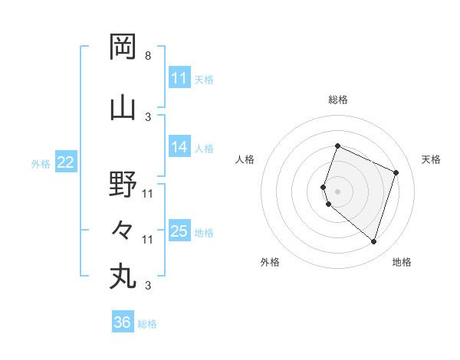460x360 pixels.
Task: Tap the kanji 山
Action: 123,106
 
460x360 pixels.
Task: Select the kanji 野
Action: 123,184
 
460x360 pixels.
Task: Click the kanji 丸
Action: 123,276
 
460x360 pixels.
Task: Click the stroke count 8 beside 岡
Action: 147,56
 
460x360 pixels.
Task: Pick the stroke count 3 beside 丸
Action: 147,286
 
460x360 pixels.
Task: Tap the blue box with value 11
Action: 179,78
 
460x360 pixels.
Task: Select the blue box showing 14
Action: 179,147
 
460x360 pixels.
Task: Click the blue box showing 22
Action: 66,162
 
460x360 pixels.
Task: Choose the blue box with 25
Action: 179,231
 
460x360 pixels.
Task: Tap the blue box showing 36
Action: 123,322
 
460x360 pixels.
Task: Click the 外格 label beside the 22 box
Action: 41,163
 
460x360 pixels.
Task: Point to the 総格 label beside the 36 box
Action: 147,324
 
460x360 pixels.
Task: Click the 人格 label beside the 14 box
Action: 205,149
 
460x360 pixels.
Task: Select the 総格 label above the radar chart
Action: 338,100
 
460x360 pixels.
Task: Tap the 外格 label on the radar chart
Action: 270,263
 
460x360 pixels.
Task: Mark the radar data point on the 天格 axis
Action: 396,172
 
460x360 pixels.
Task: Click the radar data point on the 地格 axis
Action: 373,241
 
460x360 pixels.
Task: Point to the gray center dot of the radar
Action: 337,191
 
